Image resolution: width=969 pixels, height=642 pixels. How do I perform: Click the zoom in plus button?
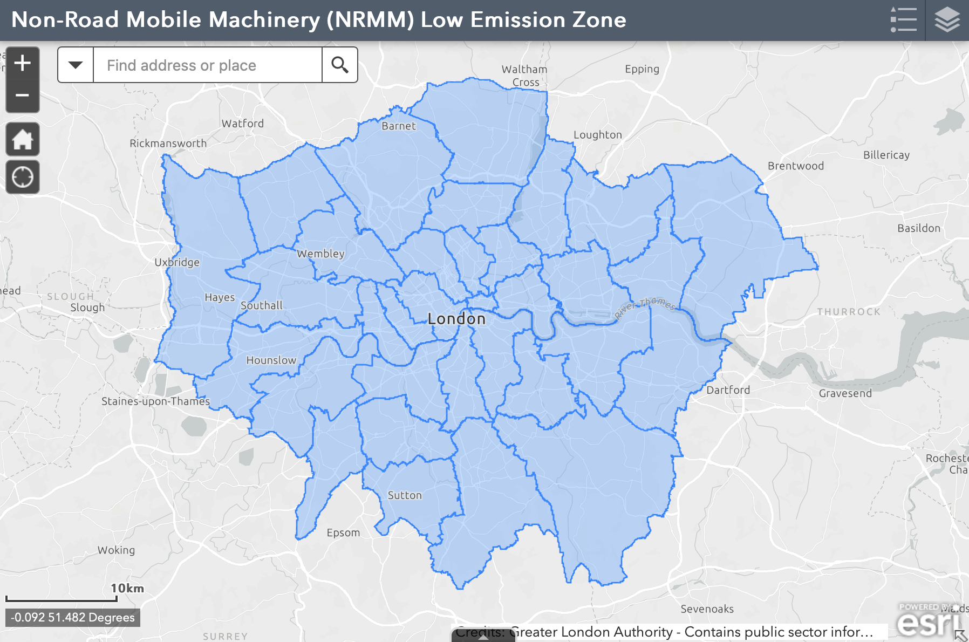tap(22, 63)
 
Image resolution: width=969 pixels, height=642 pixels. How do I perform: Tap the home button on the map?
tap(22, 140)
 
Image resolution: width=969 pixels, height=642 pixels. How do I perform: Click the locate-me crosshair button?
tap(22, 177)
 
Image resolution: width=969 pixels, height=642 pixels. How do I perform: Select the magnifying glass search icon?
tap(339, 65)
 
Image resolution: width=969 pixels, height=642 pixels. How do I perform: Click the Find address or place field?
tap(207, 65)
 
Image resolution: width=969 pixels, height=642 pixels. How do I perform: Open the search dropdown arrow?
tap(76, 65)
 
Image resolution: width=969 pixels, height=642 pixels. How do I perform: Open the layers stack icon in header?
tap(947, 20)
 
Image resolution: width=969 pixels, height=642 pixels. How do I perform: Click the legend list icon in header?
tap(903, 20)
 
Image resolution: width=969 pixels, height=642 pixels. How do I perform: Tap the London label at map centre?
tap(456, 319)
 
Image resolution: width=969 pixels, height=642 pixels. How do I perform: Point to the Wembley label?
tap(320, 254)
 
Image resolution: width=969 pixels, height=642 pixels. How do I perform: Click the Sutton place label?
tap(405, 495)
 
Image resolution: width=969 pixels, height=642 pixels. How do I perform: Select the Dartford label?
tap(728, 390)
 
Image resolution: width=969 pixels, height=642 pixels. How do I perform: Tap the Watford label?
tap(243, 124)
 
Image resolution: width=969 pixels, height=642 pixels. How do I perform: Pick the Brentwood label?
tap(796, 166)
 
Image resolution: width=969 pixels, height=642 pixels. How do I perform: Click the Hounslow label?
tap(271, 360)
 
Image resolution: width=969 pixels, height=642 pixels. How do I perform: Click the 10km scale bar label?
tap(127, 588)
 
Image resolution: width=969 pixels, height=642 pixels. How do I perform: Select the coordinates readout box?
tap(73, 617)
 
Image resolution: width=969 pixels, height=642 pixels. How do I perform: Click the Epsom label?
tap(343, 532)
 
